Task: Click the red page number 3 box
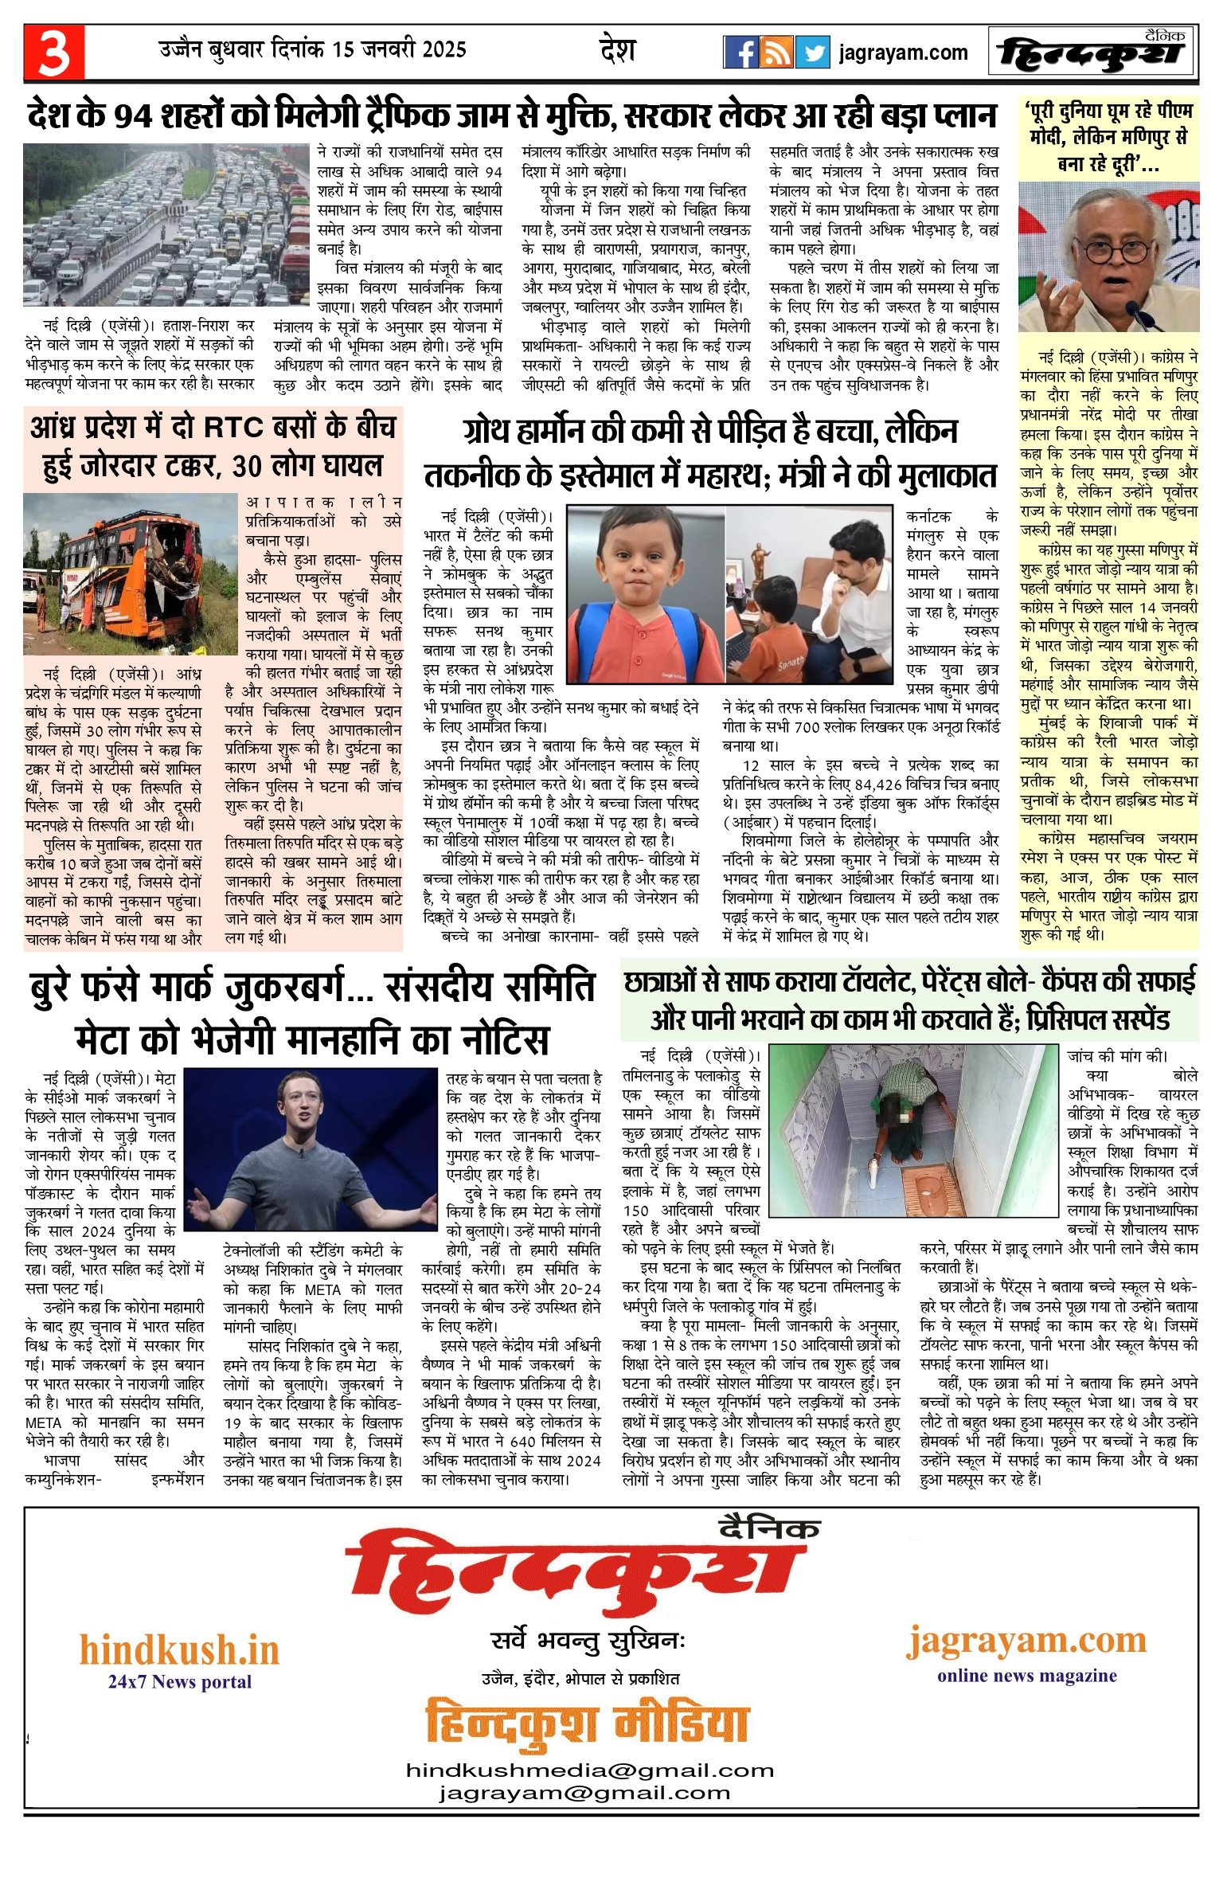(53, 53)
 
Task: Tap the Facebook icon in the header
(740, 53)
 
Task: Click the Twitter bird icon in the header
(812, 53)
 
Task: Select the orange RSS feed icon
(776, 53)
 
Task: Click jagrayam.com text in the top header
(903, 53)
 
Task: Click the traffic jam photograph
(166, 225)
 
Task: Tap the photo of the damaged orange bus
(131, 573)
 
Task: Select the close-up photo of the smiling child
(645, 593)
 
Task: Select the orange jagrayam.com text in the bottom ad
(1026, 1640)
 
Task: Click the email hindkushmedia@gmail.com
(590, 1770)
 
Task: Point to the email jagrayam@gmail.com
(584, 1793)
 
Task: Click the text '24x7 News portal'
(180, 1681)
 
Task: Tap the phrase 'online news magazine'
(1026, 1675)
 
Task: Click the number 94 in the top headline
(132, 116)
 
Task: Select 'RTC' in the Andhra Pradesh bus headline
(233, 428)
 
